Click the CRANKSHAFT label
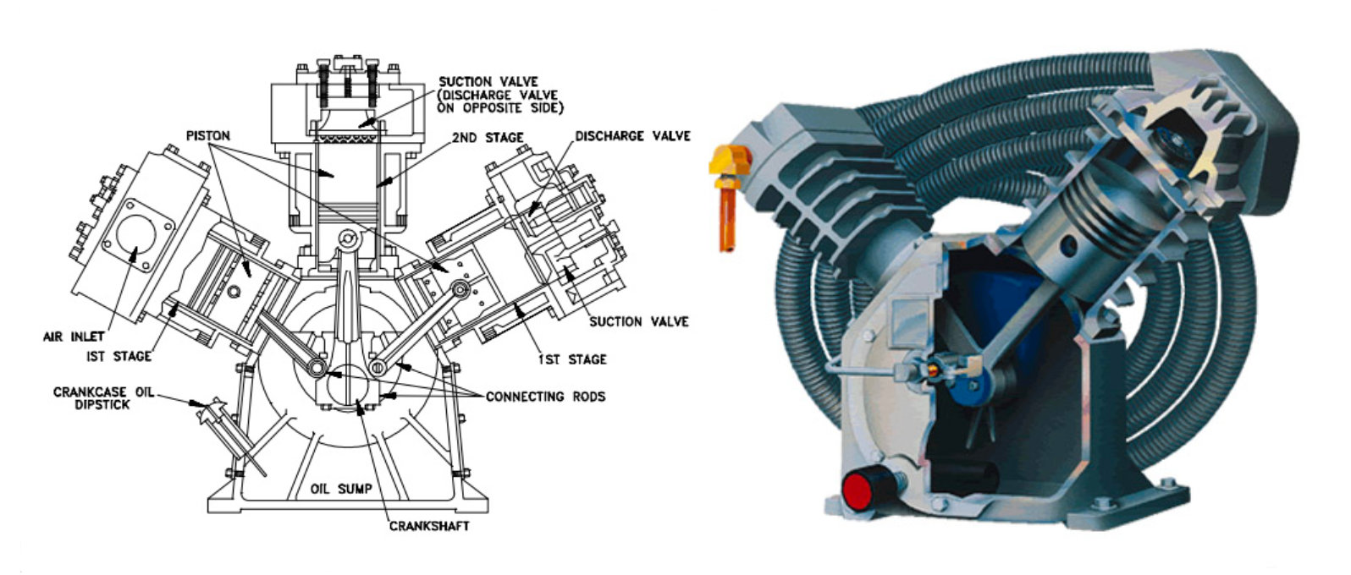[x=428, y=526]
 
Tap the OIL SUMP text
[x=342, y=489]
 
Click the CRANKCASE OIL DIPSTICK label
[x=103, y=398]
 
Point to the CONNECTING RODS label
[x=545, y=396]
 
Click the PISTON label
[x=208, y=135]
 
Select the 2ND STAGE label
[x=487, y=137]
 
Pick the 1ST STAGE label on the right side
[x=572, y=359]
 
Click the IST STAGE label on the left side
[x=119, y=356]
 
